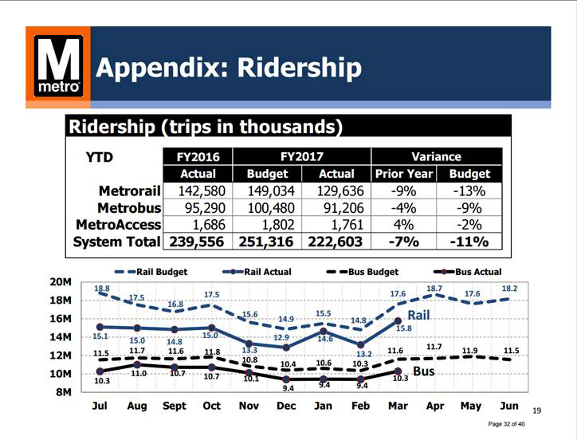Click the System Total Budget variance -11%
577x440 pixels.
click(469, 242)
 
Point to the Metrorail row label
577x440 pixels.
click(130, 191)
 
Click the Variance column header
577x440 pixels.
click(436, 156)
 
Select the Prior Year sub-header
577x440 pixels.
click(402, 174)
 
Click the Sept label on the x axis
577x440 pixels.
click(175, 406)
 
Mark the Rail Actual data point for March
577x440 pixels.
click(398, 320)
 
